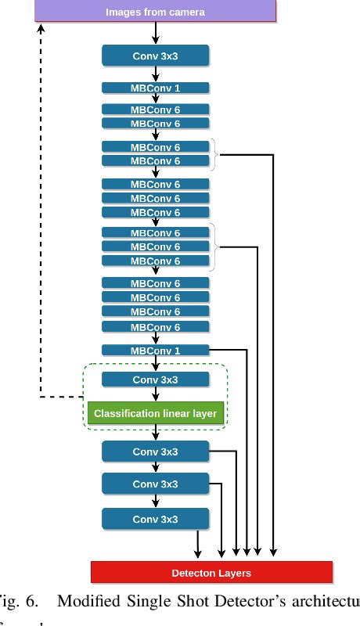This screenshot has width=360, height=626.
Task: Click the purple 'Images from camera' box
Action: (155, 12)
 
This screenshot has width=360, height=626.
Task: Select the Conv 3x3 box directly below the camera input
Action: (155, 55)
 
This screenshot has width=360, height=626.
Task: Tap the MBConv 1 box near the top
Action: (155, 88)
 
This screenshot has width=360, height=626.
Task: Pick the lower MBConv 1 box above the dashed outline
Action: (155, 351)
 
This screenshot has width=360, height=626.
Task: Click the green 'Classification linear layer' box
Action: (155, 412)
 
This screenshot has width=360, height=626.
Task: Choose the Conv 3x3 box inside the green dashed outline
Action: (155, 380)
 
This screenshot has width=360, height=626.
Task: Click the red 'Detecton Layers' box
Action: (211, 573)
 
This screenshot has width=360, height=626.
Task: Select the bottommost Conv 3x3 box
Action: (155, 518)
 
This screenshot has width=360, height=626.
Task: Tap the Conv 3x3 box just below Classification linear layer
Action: (155, 452)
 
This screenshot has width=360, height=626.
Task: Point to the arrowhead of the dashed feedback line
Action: (41, 28)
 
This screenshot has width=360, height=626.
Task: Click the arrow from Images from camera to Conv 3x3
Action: (156, 33)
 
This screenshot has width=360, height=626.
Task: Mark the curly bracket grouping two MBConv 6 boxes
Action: (214, 154)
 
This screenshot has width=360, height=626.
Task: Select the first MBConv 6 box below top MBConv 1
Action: (155, 110)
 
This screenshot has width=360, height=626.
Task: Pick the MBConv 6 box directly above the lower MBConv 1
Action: (155, 327)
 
